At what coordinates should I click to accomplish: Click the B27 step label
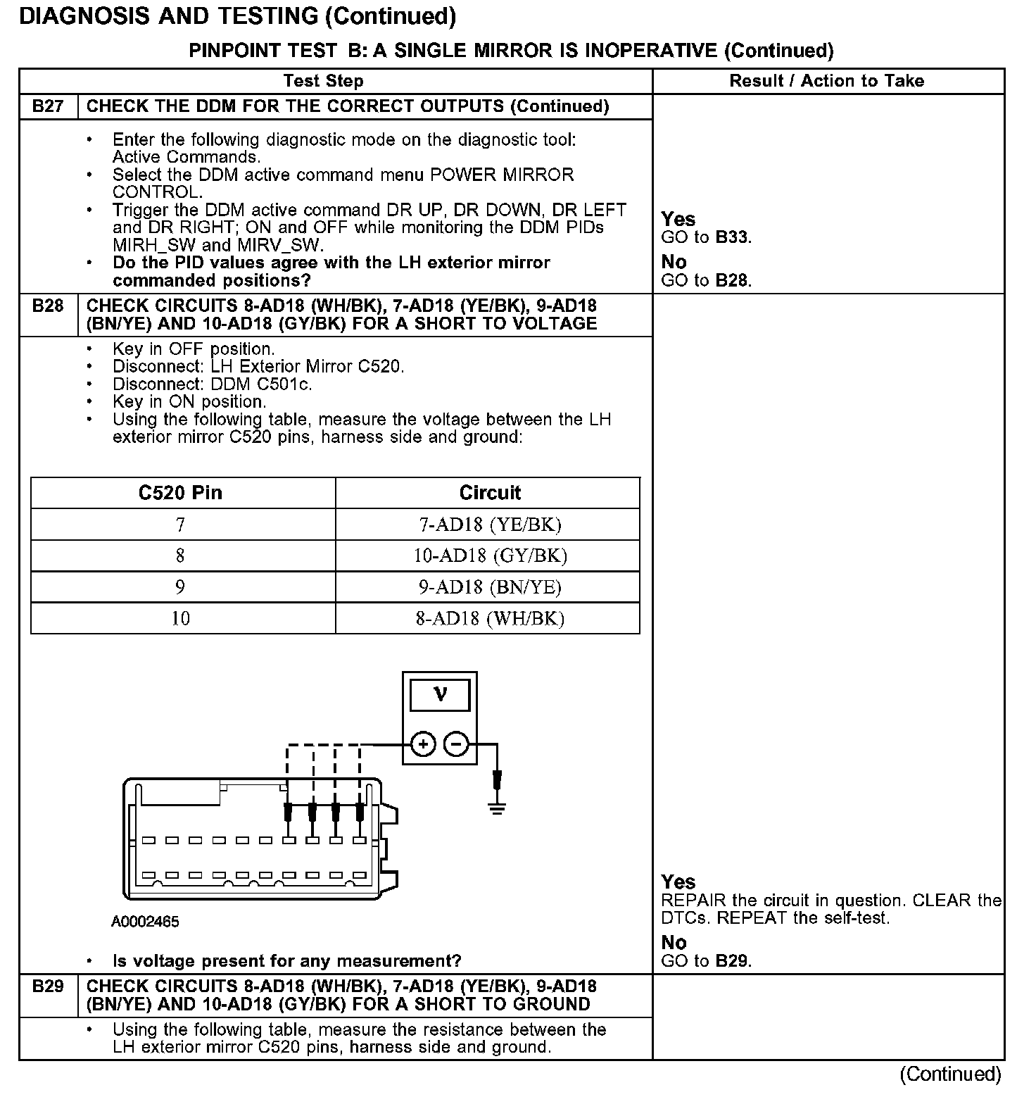click(x=48, y=106)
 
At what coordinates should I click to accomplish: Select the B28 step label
click(x=48, y=306)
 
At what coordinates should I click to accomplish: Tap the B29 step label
click(x=48, y=986)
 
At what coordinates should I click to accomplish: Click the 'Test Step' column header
click(x=323, y=81)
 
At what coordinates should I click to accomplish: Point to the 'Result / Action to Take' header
click(x=826, y=81)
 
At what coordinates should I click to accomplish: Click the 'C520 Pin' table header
click(x=181, y=493)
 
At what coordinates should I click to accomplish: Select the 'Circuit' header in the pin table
click(x=490, y=493)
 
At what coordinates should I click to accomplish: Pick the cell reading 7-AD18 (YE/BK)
click(x=490, y=525)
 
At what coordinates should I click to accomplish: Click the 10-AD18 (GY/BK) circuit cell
click(x=490, y=556)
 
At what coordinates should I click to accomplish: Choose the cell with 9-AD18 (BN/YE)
click(x=490, y=587)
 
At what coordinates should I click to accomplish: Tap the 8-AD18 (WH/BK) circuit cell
click(x=490, y=618)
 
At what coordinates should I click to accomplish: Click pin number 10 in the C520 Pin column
click(x=181, y=618)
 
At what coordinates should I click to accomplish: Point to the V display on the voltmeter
click(x=441, y=694)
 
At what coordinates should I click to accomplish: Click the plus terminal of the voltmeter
click(x=423, y=744)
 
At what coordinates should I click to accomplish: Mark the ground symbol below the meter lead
click(x=498, y=807)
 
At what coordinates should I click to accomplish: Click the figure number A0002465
click(x=145, y=921)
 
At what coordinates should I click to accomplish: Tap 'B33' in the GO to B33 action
click(x=732, y=237)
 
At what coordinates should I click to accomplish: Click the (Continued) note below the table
click(x=949, y=1074)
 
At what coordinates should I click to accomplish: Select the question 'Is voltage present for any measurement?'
click(x=286, y=961)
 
